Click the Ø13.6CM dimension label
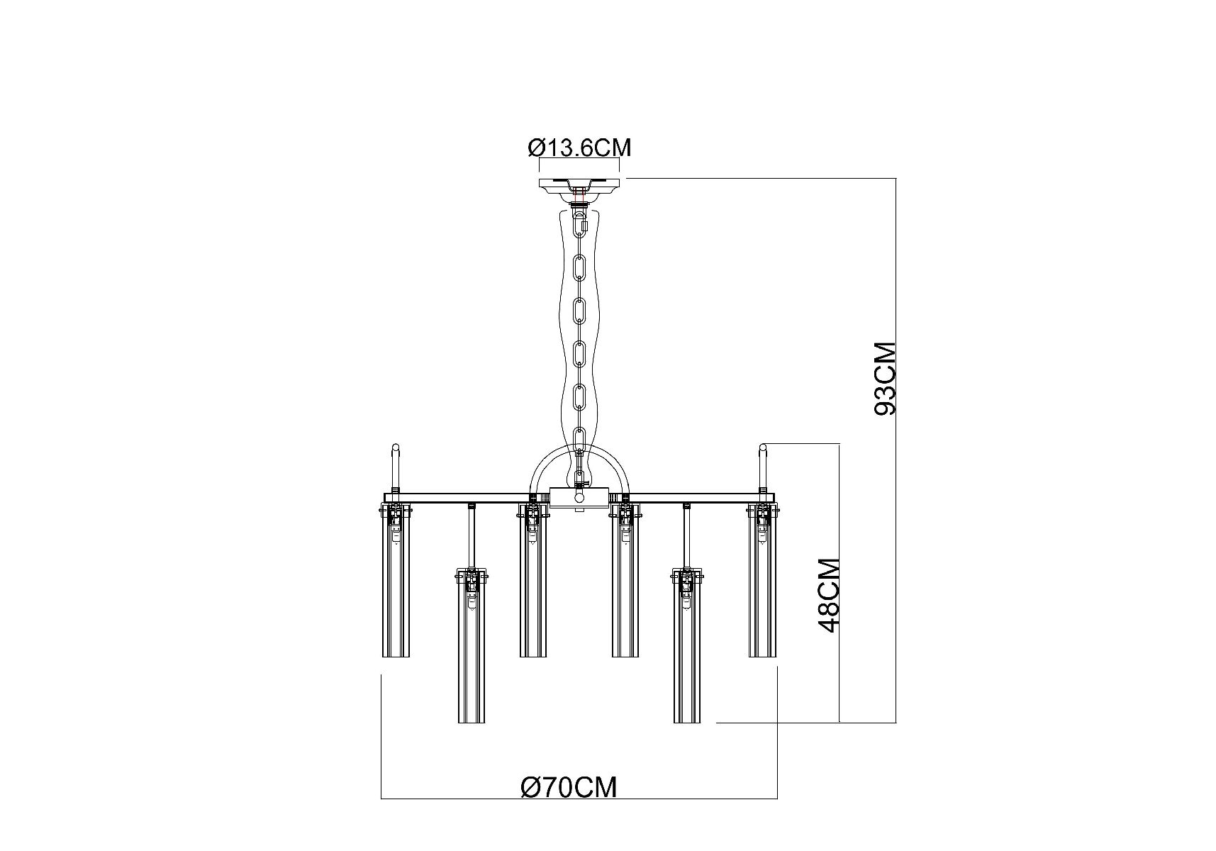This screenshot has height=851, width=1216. tap(579, 148)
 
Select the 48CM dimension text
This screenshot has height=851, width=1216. tap(829, 595)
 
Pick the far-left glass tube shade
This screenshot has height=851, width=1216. tap(396, 582)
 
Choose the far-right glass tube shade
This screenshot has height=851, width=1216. tap(763, 582)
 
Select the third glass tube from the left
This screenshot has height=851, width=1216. tap(533, 582)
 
